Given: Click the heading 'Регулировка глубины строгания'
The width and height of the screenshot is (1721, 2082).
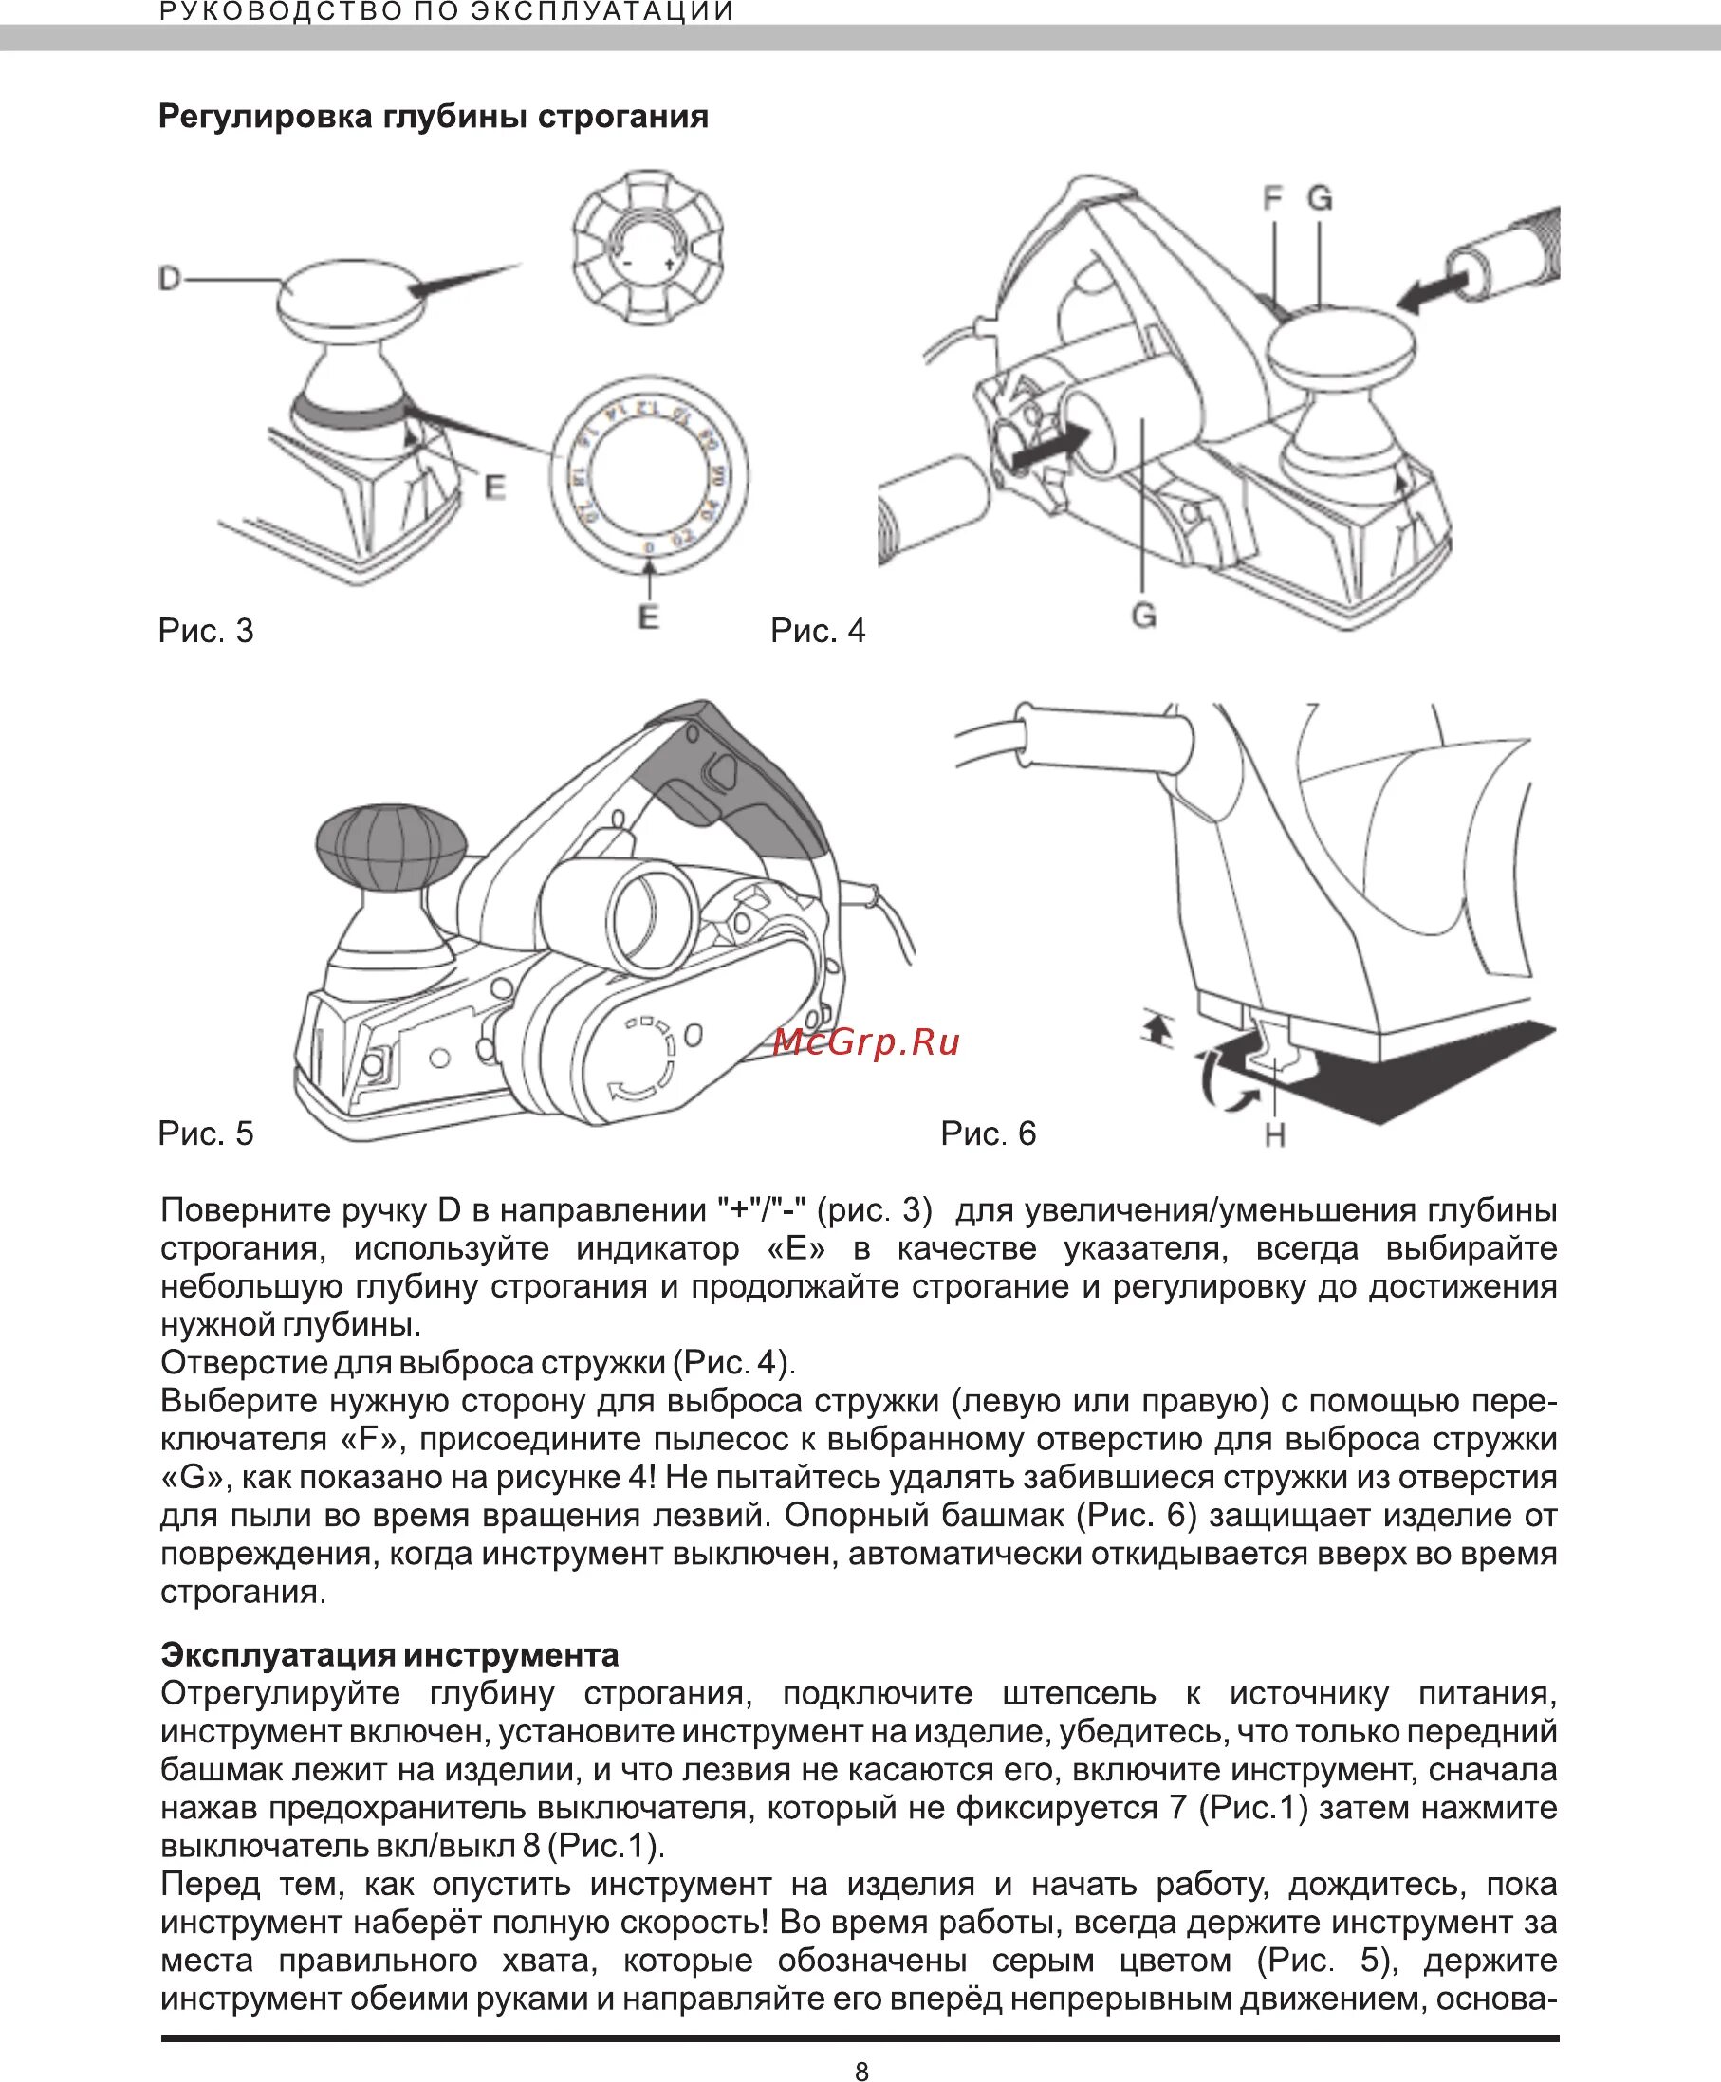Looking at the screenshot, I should tap(434, 117).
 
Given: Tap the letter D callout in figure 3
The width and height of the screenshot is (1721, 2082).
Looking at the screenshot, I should tap(170, 280).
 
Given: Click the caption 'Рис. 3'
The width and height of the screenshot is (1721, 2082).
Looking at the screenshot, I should tap(206, 630).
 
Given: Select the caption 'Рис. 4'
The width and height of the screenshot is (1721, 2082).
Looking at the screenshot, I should tap(818, 630).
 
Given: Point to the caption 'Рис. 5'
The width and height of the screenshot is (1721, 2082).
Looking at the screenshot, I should tap(206, 1133).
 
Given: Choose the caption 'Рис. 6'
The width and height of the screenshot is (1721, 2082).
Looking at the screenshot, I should tap(989, 1133).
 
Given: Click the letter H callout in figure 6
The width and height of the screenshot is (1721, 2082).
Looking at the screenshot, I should tap(1275, 1134).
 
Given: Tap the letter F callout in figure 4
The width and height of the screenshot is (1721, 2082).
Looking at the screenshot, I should tap(1272, 199).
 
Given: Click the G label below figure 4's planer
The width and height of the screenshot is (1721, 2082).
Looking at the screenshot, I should tap(1144, 617).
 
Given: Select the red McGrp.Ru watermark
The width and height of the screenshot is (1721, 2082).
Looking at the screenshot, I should tap(866, 1041).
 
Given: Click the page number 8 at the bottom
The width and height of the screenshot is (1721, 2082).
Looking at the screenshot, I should tap(861, 2043).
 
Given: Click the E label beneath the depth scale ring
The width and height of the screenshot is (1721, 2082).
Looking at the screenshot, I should tap(648, 617).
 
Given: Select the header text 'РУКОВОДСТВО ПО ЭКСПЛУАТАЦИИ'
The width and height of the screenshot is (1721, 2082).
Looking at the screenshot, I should tap(447, 12).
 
